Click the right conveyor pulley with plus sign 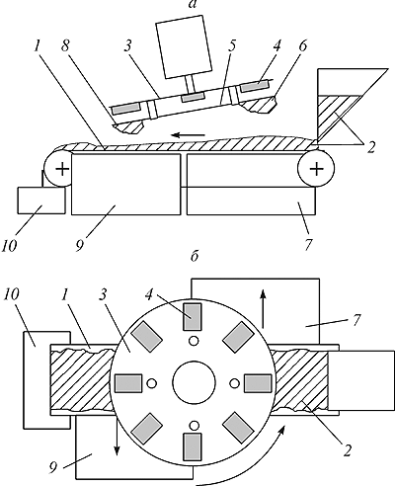[316, 169]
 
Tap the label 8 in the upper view [65, 46]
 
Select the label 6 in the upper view [302, 46]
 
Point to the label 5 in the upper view [232, 46]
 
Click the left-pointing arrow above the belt [189, 134]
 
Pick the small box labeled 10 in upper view [40, 201]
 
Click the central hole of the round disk [194, 382]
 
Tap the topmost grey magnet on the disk [192, 317]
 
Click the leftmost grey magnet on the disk [128, 383]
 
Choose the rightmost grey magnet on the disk [258, 383]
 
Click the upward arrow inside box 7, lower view [263, 309]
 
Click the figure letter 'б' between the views [195, 257]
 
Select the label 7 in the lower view [356, 319]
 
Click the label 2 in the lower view [347, 451]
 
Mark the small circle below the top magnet [194, 341]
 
